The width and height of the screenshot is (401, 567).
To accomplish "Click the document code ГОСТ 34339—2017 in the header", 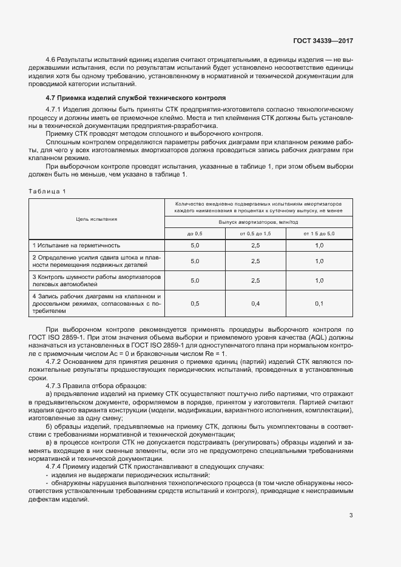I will tap(323, 41).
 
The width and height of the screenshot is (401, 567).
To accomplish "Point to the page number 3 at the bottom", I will tap(351, 515).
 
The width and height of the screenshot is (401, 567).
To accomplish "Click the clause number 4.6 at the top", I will tap(50, 59).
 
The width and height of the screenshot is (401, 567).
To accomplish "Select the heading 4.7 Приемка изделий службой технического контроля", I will tap(135, 98).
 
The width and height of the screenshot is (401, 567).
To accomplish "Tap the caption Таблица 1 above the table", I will tap(47, 191).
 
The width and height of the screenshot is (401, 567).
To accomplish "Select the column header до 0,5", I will tap(195, 233).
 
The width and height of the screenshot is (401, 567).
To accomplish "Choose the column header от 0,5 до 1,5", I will tap(255, 233).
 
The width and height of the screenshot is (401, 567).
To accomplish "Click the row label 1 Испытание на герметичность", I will tap(76, 246).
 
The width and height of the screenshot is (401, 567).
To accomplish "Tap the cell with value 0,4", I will tap(255, 303).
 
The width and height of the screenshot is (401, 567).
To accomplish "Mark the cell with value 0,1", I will tap(319, 303).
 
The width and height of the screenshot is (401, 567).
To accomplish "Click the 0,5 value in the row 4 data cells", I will tap(195, 303).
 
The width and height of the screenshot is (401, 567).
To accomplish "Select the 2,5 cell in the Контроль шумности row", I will tap(255, 281).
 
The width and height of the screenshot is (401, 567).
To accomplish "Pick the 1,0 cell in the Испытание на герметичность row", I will tap(319, 246).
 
